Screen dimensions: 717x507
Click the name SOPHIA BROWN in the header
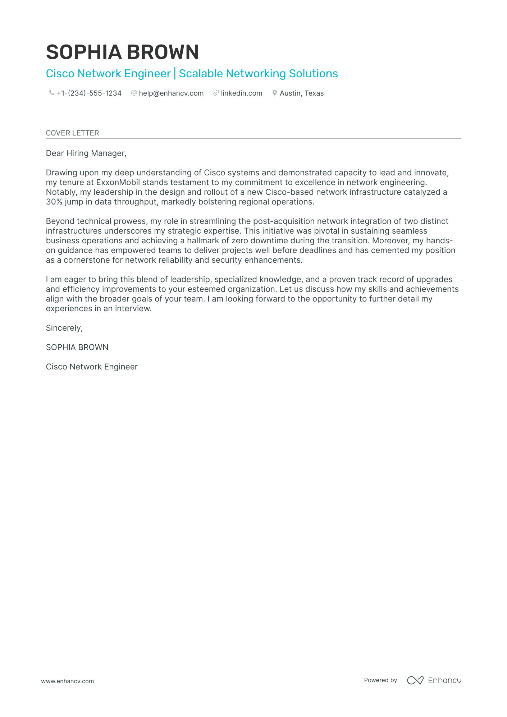(x=122, y=52)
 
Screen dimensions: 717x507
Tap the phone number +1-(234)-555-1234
(x=89, y=93)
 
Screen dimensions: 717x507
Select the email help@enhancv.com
(x=171, y=93)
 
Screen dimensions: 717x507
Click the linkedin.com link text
(x=241, y=93)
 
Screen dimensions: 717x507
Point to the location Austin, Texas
(x=301, y=93)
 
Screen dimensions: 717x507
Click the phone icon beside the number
(x=51, y=93)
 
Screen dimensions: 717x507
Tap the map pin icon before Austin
(x=275, y=93)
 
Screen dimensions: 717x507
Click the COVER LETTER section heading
(x=72, y=133)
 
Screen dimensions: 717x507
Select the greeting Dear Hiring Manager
(x=86, y=153)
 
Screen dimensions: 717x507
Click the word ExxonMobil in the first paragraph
(x=118, y=183)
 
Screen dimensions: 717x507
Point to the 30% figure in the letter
(x=54, y=202)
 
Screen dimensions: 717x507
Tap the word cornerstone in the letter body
(x=87, y=260)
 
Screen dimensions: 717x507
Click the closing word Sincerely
(x=64, y=328)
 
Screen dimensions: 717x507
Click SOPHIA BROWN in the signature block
(x=77, y=348)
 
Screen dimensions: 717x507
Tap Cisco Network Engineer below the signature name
(x=92, y=367)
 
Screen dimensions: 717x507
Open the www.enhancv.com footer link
(x=67, y=681)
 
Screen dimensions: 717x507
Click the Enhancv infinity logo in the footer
(x=415, y=680)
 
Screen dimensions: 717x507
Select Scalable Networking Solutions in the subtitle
(x=258, y=74)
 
